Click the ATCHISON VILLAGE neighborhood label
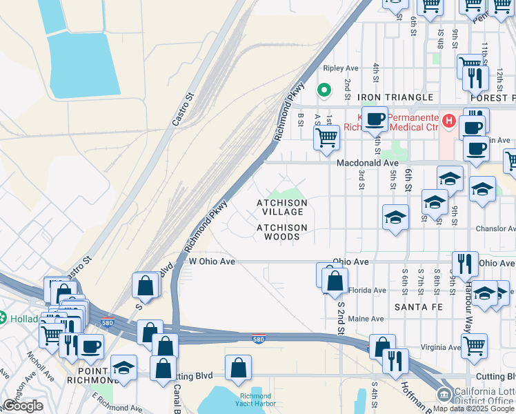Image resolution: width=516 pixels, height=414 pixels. click(281, 207)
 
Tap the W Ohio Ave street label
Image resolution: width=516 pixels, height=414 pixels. click(212, 262)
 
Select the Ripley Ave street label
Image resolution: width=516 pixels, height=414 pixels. click(341, 68)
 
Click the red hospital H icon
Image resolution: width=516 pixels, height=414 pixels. click(449, 122)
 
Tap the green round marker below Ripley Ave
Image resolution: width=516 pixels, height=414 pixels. click(322, 89)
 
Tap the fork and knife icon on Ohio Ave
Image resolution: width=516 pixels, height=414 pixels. click(465, 264)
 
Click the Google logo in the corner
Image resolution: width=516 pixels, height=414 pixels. click(23, 406)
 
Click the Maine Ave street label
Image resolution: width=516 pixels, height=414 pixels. click(366, 319)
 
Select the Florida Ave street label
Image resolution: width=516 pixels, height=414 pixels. click(367, 290)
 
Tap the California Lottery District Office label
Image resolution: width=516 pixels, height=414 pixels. click(484, 394)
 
